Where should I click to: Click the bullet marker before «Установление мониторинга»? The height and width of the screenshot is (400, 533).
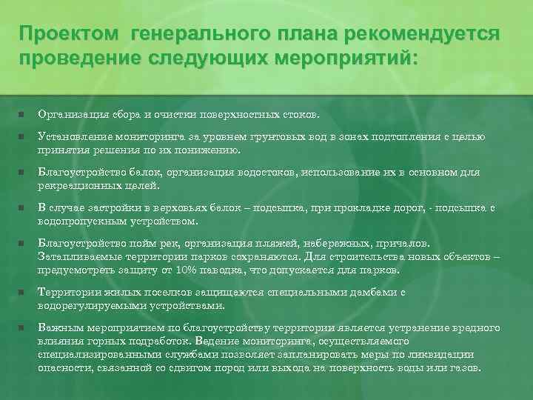[x=22, y=137]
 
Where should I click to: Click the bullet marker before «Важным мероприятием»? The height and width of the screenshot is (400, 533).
[x=22, y=327]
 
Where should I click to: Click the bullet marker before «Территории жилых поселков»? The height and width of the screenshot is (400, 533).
[x=22, y=292]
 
